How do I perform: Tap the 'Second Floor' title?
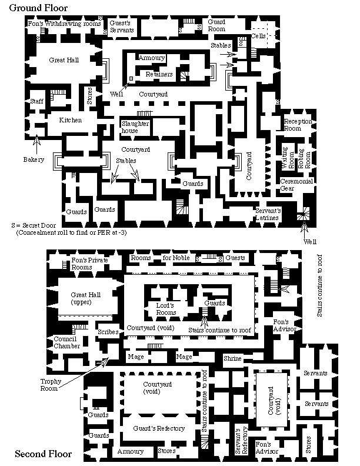pos(43,454)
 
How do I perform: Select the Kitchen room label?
pos(70,120)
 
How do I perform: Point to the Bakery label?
pos(34,159)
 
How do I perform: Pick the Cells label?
pos(259,35)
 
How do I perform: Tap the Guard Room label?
pos(216,25)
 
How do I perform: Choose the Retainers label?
pos(159,75)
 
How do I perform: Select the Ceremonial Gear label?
pos(296,184)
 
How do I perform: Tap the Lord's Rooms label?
pos(166,309)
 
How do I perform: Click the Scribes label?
pos(108,332)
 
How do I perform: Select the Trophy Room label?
pos(51,385)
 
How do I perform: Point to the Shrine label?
pos(232,358)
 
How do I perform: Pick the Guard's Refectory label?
pos(159,428)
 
